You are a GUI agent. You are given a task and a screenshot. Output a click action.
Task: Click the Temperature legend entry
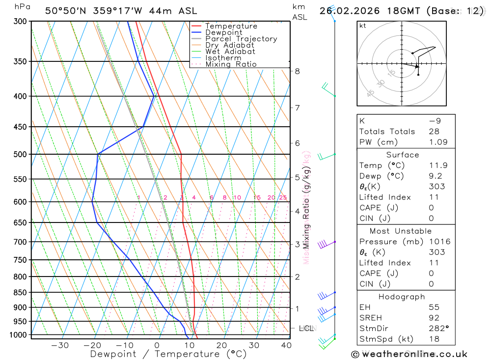tap(231, 26)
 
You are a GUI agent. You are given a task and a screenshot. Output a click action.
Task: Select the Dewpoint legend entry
tap(223, 32)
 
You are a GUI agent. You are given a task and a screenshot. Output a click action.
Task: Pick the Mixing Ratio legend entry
tap(231, 64)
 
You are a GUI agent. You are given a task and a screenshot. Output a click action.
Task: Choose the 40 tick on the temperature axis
tap(286, 345)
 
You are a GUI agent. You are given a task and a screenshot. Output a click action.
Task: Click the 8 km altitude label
tap(297, 71)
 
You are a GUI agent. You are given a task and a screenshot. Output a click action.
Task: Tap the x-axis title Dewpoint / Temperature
tap(168, 354)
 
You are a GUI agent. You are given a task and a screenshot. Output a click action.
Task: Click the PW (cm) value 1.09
tap(438, 142)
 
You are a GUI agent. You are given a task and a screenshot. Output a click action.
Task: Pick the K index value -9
tap(434, 121)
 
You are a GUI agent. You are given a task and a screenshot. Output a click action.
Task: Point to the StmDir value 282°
tap(439, 329)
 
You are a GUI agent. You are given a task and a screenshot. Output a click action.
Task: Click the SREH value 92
tap(434, 318)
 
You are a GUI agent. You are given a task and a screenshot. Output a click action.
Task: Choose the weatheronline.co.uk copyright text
tap(409, 354)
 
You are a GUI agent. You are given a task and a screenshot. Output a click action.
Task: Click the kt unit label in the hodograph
tap(363, 26)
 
